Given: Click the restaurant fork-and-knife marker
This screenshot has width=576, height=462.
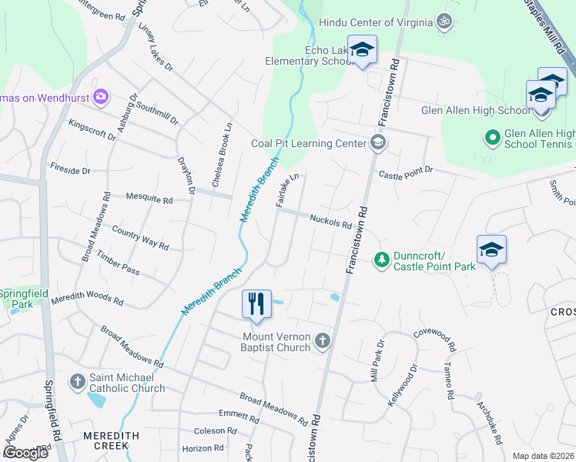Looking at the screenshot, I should click(x=257, y=303).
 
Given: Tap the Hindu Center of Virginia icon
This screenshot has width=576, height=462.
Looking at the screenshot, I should click(x=443, y=22).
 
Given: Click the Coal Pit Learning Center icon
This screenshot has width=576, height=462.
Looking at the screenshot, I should click(x=377, y=142).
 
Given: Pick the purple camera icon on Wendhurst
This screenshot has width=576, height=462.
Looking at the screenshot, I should click(x=100, y=97).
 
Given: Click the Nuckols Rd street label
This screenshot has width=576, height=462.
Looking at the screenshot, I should click(x=330, y=222).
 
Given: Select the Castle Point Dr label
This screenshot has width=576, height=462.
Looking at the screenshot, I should click(x=405, y=173).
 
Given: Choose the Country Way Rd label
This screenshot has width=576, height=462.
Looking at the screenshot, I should click(x=139, y=237).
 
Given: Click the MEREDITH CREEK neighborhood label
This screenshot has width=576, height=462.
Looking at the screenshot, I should click(x=111, y=440).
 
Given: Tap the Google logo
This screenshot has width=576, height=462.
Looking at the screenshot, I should click(x=25, y=453).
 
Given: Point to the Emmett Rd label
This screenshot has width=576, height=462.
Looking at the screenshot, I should click(x=239, y=416).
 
